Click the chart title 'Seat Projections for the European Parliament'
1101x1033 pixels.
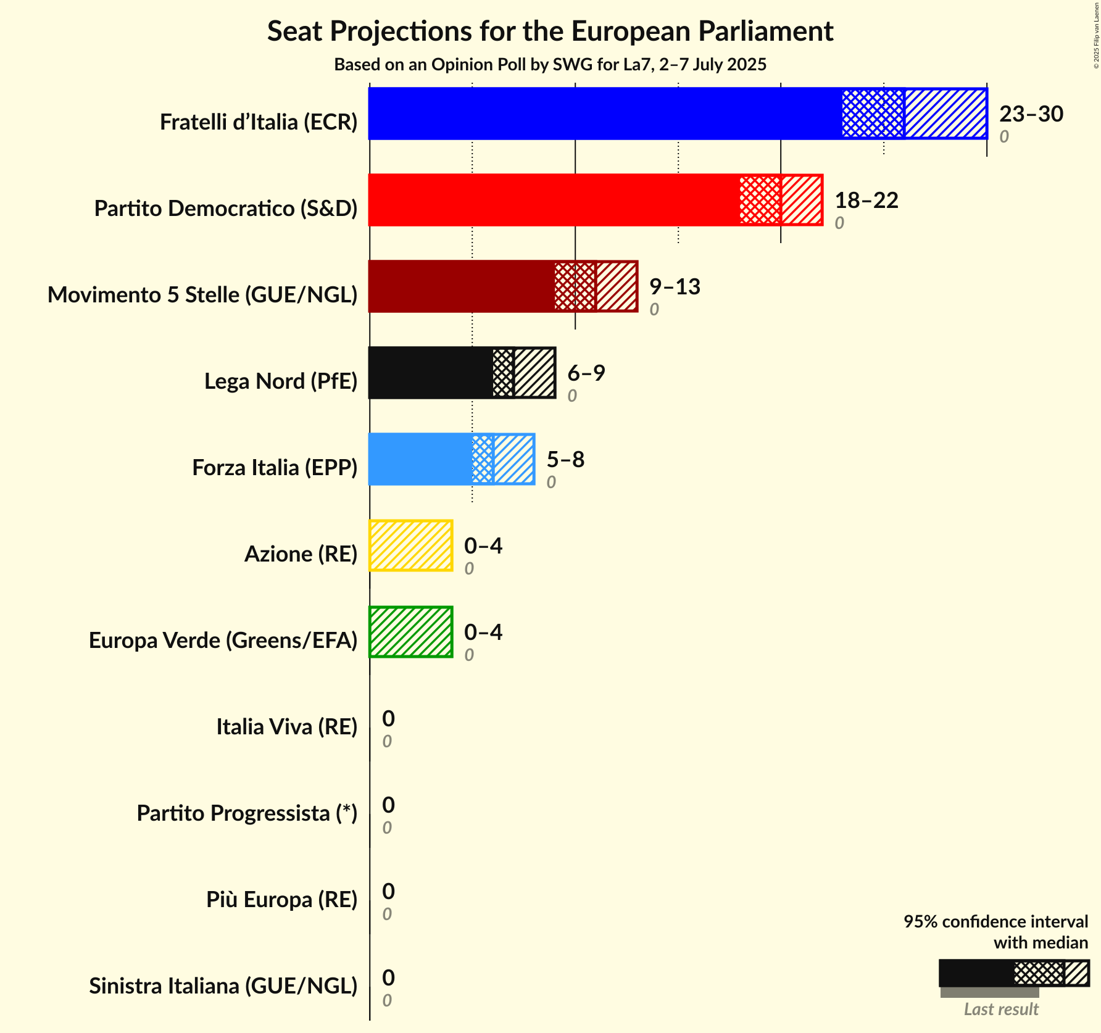click(550, 31)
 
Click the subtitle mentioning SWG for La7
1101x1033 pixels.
click(550, 65)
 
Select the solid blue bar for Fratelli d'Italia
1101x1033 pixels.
click(605, 114)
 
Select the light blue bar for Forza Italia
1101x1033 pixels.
click(420, 459)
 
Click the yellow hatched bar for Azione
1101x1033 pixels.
click(411, 546)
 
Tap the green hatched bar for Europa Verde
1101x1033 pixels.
click(411, 632)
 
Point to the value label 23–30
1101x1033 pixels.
click(1031, 114)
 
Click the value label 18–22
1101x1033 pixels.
click(866, 201)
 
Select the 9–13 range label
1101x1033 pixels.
click(675, 287)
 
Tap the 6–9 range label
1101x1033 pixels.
click(586, 373)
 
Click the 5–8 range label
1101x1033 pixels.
click(565, 460)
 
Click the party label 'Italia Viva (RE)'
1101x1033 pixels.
click(286, 727)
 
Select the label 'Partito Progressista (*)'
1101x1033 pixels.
click(247, 813)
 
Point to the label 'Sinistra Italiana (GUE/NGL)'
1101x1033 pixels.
click(223, 986)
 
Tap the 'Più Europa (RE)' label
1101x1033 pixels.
click(281, 900)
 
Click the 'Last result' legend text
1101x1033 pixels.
click(1001, 1009)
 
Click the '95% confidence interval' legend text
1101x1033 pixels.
click(995, 921)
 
